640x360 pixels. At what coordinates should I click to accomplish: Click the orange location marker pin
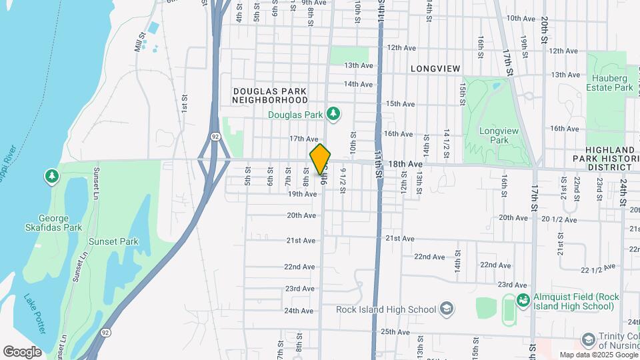point(320,159)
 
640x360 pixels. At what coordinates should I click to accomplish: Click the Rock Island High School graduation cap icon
point(447,309)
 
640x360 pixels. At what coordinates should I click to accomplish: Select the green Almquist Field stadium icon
point(523,301)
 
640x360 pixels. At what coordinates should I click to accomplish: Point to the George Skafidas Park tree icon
point(51,176)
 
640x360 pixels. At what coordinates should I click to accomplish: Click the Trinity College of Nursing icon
point(587,341)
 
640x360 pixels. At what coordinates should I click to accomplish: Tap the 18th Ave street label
point(405,163)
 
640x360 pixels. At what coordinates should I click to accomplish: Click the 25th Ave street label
point(395,331)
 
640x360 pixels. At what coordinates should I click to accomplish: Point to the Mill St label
point(139,45)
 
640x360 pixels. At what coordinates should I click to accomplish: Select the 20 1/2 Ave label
point(558,219)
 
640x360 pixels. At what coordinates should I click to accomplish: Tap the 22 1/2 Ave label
point(597,270)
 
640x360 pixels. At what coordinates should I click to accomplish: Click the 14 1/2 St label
point(447,143)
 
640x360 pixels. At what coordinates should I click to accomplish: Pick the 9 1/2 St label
point(343,180)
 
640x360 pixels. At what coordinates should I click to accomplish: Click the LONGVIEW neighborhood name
point(435,69)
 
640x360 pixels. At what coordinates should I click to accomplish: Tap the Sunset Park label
point(119,240)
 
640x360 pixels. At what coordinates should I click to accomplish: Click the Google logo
point(22,351)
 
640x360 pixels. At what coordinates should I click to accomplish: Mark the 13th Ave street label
point(359,65)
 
